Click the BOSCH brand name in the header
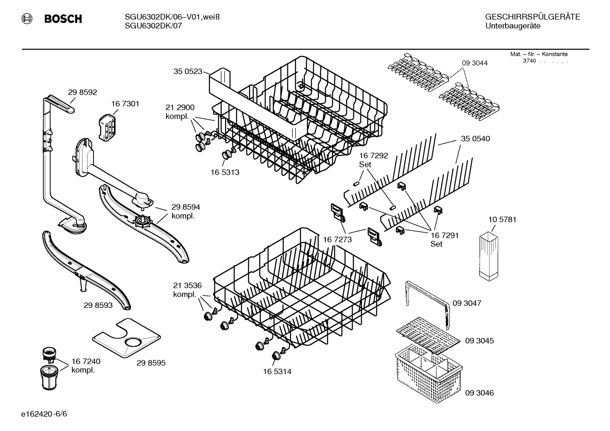(x=63, y=19)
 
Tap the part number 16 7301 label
(x=125, y=104)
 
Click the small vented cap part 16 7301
(x=107, y=126)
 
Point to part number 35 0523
(x=188, y=71)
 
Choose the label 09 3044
(x=475, y=63)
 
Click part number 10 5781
(x=502, y=220)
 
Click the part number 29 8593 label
(x=98, y=305)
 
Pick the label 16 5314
(x=277, y=371)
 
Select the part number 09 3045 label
(x=479, y=340)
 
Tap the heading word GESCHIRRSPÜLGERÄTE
(x=533, y=17)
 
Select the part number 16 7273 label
(x=337, y=240)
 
